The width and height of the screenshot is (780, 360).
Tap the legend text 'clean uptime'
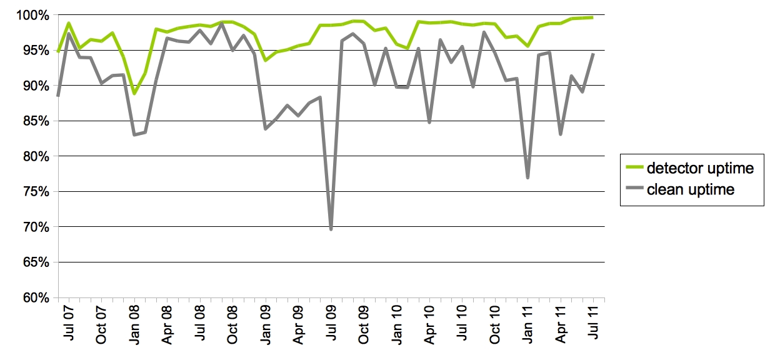(x=691, y=189)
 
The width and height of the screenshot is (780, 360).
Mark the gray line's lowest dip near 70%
(x=331, y=229)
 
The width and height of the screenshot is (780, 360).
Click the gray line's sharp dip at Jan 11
(x=528, y=178)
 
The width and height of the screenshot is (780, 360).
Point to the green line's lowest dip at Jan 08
(x=134, y=94)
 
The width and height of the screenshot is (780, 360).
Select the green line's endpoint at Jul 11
(x=592, y=17)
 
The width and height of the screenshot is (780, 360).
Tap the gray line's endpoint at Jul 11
(x=592, y=54)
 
